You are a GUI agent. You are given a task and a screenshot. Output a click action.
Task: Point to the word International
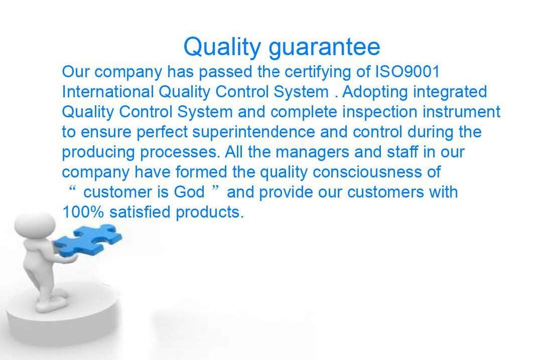tap(108, 92)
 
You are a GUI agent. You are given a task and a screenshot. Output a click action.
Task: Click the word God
tap(189, 193)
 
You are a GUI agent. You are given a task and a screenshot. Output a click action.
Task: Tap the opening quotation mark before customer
tap(72, 189)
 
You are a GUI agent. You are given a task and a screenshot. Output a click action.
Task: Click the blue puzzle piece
tap(88, 240)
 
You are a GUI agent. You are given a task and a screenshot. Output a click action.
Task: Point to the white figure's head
tap(35, 226)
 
